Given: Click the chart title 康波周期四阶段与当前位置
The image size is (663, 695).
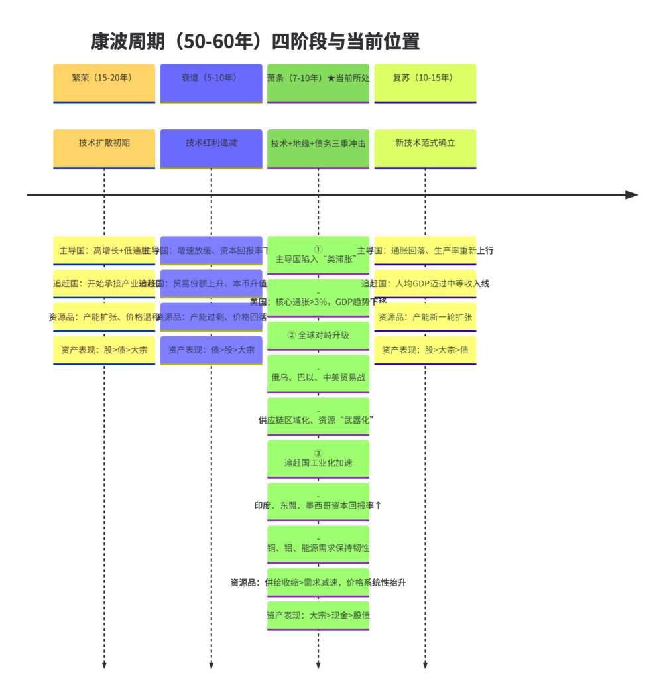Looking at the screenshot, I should (x=255, y=42).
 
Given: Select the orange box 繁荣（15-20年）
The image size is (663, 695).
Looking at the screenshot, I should (x=104, y=83).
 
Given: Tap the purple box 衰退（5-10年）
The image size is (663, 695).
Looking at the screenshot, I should (x=211, y=83).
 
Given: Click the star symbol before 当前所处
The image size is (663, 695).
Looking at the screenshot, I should (x=331, y=78).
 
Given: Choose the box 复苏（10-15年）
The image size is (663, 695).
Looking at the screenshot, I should (x=425, y=83).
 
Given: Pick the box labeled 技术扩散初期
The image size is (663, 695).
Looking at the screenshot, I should (x=104, y=148).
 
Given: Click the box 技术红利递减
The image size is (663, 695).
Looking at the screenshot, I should (x=211, y=148).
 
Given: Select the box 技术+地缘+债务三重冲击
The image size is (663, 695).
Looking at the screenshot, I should (x=318, y=148).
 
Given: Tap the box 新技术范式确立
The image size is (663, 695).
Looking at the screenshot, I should (x=425, y=148).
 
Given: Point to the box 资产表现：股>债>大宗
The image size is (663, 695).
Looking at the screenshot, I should (x=104, y=350).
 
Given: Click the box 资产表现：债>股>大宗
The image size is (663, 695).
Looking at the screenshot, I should (x=211, y=350).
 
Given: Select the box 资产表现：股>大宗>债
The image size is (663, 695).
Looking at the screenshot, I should (x=425, y=350).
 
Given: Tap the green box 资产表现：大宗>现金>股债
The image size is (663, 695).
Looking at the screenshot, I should (x=318, y=615).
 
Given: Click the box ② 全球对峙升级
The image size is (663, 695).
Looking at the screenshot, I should (x=318, y=335).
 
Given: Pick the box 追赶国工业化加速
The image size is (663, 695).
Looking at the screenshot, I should (x=318, y=458).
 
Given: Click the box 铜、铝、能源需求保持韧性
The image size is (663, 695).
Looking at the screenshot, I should (x=318, y=544).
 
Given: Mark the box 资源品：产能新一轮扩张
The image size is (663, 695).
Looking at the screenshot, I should (x=425, y=317).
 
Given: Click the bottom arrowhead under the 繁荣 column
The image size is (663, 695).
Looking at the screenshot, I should (x=104, y=664).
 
